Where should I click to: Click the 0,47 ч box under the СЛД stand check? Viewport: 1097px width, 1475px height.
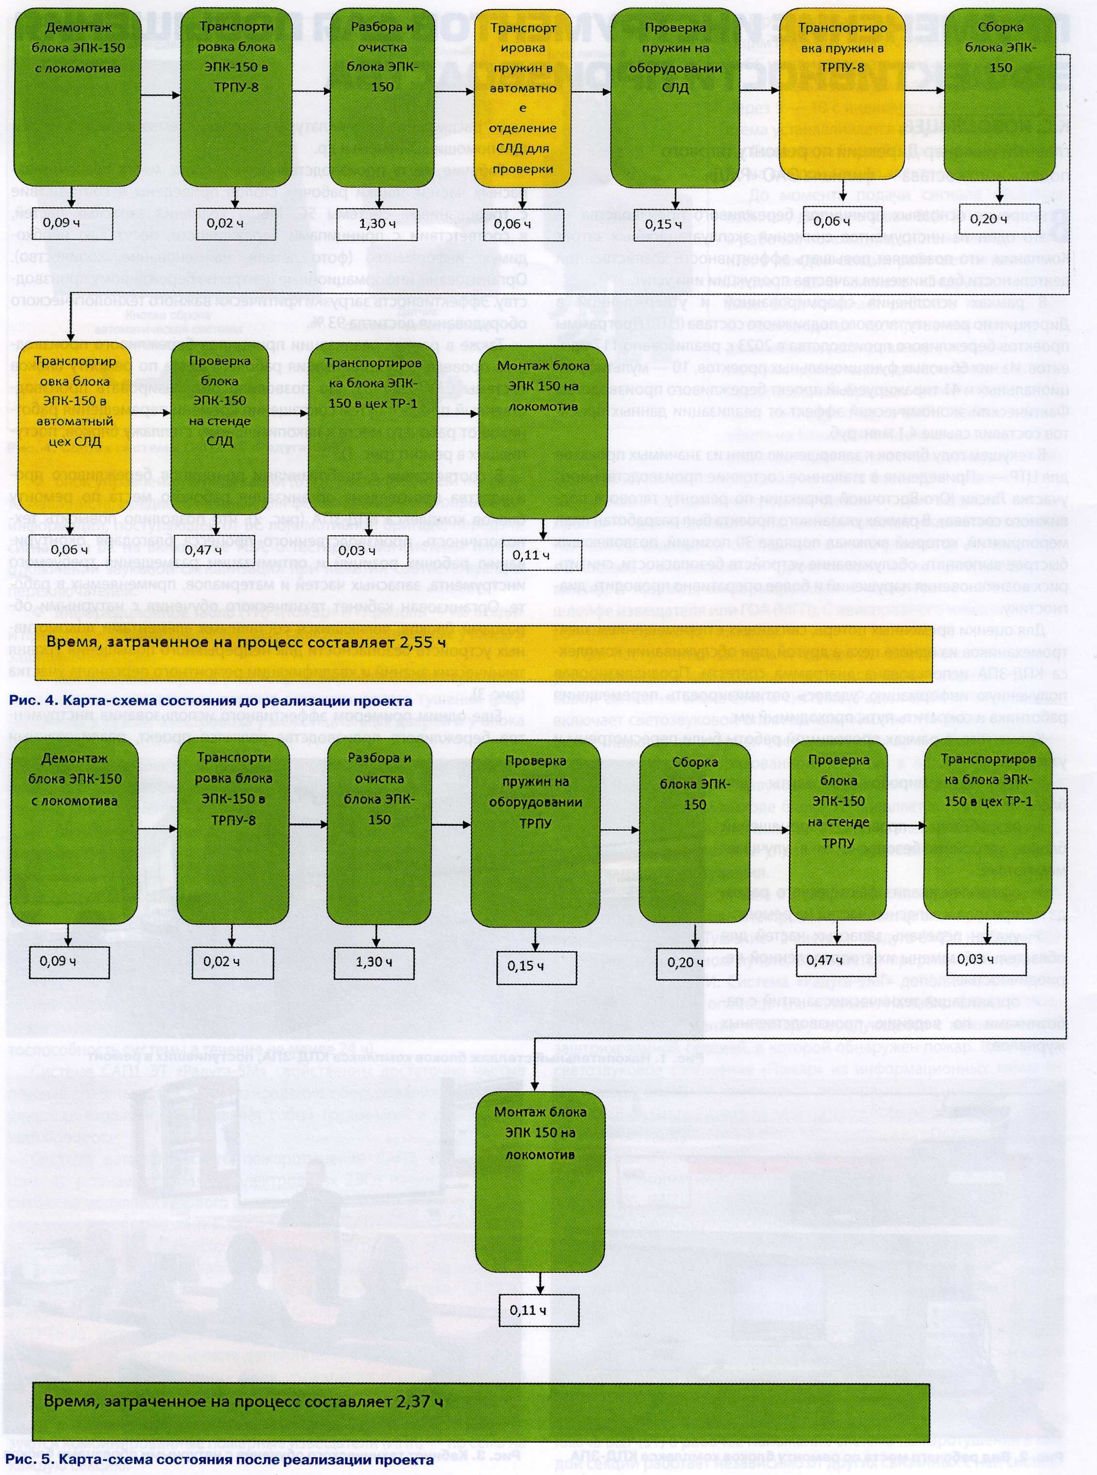point(212,550)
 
